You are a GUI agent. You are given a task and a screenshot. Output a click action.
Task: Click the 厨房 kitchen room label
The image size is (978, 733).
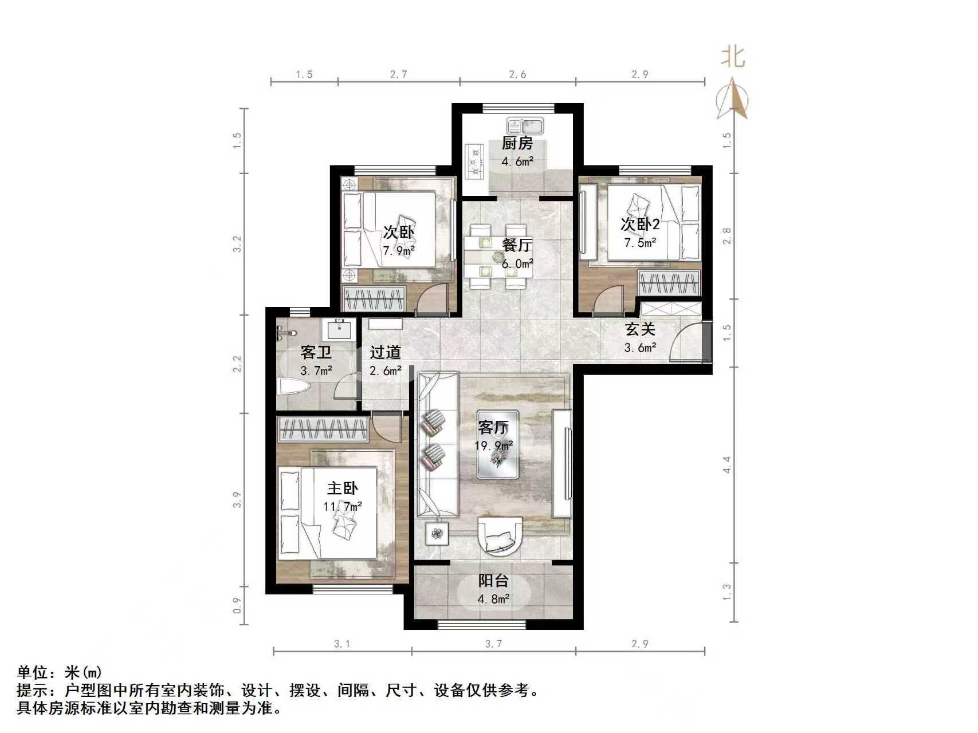tap(517, 144)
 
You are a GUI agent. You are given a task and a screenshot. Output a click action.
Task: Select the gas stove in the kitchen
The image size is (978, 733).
tap(474, 161)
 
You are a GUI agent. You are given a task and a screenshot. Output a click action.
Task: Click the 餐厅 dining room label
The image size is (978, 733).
tap(517, 245)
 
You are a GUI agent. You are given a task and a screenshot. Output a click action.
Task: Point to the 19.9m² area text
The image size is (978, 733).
tap(493, 446)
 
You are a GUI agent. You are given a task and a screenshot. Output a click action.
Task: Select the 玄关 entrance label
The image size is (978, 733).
tap(639, 329)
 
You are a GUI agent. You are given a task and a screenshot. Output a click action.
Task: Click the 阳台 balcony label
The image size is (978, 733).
tap(493, 581)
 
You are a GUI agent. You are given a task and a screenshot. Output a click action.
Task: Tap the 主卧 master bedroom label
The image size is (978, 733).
tap(343, 488)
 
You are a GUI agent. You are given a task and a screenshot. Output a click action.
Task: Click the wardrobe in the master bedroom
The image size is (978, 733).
tap(323, 429)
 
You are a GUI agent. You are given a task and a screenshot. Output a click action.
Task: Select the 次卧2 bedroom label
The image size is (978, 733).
tap(640, 224)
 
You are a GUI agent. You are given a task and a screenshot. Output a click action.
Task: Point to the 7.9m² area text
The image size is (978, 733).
tap(399, 250)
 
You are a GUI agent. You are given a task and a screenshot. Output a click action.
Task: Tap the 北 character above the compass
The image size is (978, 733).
tap(732, 57)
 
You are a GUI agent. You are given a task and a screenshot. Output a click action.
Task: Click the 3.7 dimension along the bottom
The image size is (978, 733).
tap(493, 644)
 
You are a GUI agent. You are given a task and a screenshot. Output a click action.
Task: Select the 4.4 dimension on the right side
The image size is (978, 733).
tap(726, 464)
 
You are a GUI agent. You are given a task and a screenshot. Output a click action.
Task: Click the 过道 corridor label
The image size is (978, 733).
tap(385, 352)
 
